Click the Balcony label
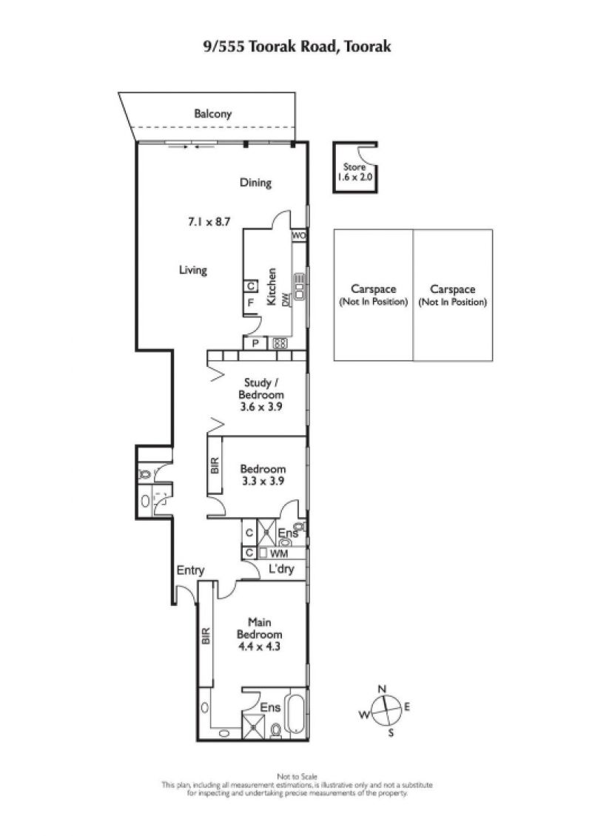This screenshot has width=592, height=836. click(x=213, y=114)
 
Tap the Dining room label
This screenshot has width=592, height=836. click(x=255, y=183)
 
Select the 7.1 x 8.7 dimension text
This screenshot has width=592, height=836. click(x=209, y=221)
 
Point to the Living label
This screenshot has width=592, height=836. click(x=193, y=270)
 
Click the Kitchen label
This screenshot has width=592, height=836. click(x=272, y=286)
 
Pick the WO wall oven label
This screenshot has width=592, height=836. click(x=299, y=235)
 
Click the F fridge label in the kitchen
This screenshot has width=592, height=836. click(x=250, y=303)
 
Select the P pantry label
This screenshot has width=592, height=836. click(x=255, y=344)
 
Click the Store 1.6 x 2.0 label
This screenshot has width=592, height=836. click(x=354, y=172)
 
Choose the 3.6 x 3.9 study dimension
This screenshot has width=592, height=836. click(x=261, y=407)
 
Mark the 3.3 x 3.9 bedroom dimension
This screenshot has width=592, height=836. click(x=263, y=481)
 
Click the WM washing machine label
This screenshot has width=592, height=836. click(x=278, y=554)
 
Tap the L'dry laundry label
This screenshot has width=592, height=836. click(x=281, y=569)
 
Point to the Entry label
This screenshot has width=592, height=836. click(x=190, y=570)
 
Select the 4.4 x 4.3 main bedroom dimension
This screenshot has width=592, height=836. click(x=259, y=647)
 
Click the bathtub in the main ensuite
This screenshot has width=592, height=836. click(x=295, y=715)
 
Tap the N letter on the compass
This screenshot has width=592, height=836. click(x=382, y=690)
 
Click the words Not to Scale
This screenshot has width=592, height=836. click(x=297, y=777)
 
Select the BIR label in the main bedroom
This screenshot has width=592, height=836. click(x=206, y=636)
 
